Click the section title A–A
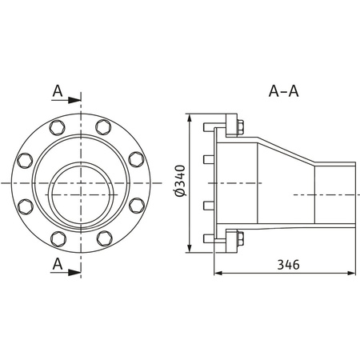(x=283, y=90)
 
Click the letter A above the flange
(x=58, y=91)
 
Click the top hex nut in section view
(x=239, y=128)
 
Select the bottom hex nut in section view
(x=239, y=238)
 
